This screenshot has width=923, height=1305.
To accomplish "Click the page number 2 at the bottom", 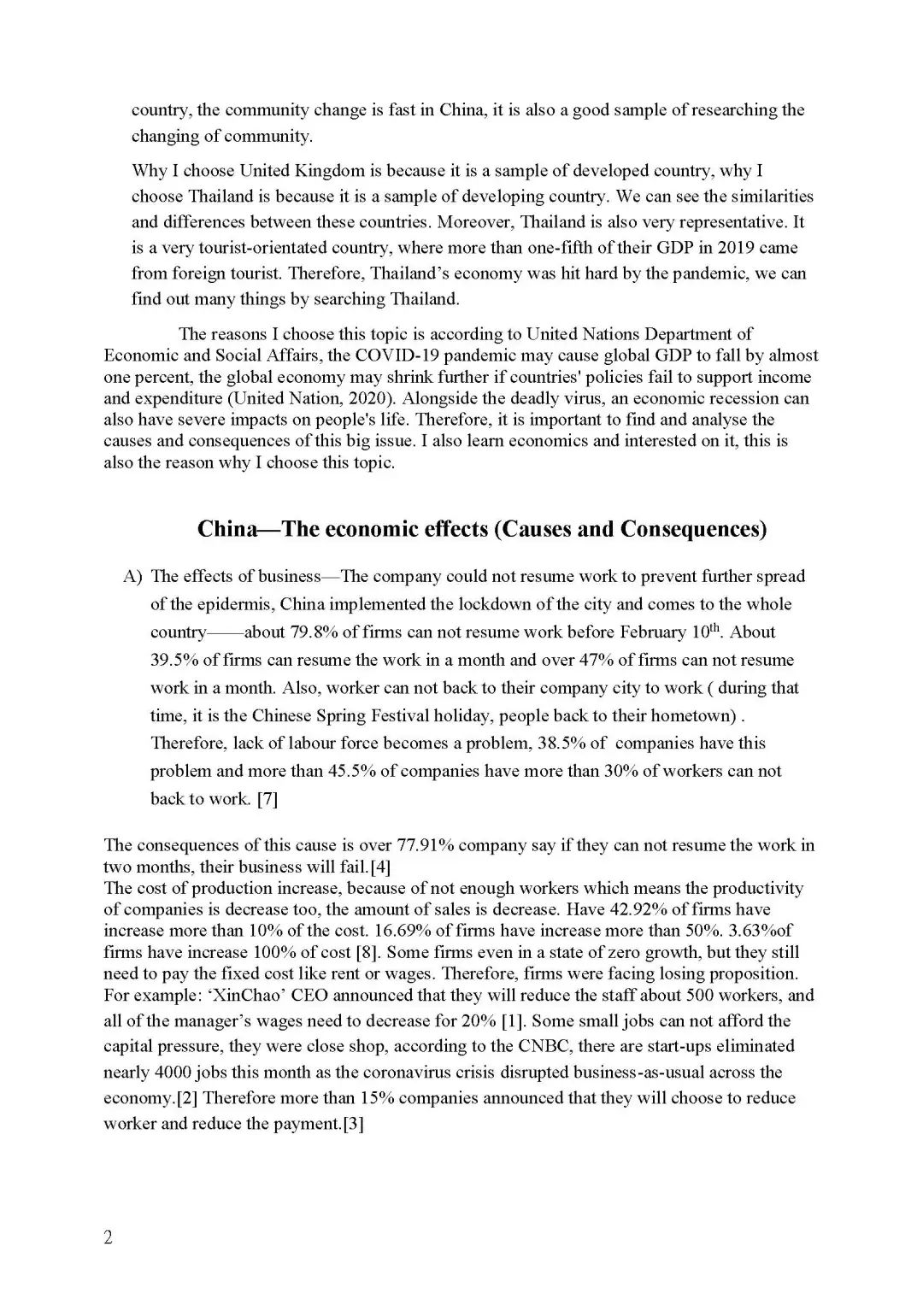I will (108, 1237).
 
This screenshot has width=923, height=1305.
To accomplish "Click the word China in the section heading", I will (226, 529).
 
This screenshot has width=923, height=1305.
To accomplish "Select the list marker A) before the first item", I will (132, 577).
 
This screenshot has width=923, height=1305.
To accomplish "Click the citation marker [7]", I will (267, 799).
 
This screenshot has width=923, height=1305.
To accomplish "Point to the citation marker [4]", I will (379, 867).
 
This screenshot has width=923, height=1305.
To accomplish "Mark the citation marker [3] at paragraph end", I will (353, 1124).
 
